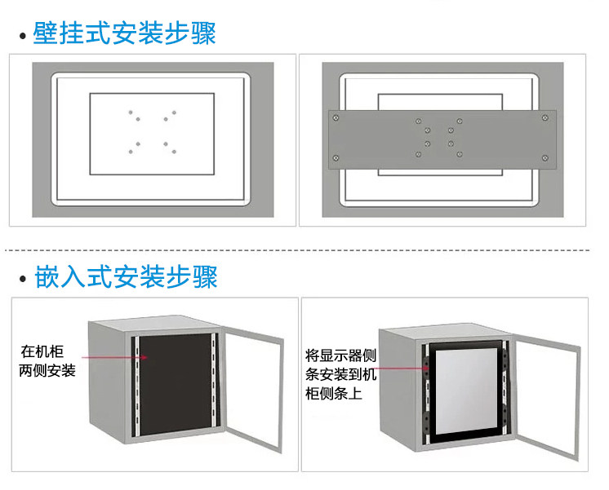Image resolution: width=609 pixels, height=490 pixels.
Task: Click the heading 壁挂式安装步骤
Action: (124, 34)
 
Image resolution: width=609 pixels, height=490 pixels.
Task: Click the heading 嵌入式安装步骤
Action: (126, 276)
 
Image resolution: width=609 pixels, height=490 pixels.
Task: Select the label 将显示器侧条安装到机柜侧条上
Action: (340, 374)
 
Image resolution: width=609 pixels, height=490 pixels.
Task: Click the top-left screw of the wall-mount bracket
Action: (336, 118)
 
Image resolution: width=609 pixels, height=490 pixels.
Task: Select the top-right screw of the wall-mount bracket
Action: (545, 118)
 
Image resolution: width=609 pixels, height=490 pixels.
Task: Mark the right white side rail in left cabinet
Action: (215, 391)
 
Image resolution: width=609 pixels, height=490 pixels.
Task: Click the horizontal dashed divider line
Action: (304, 249)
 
